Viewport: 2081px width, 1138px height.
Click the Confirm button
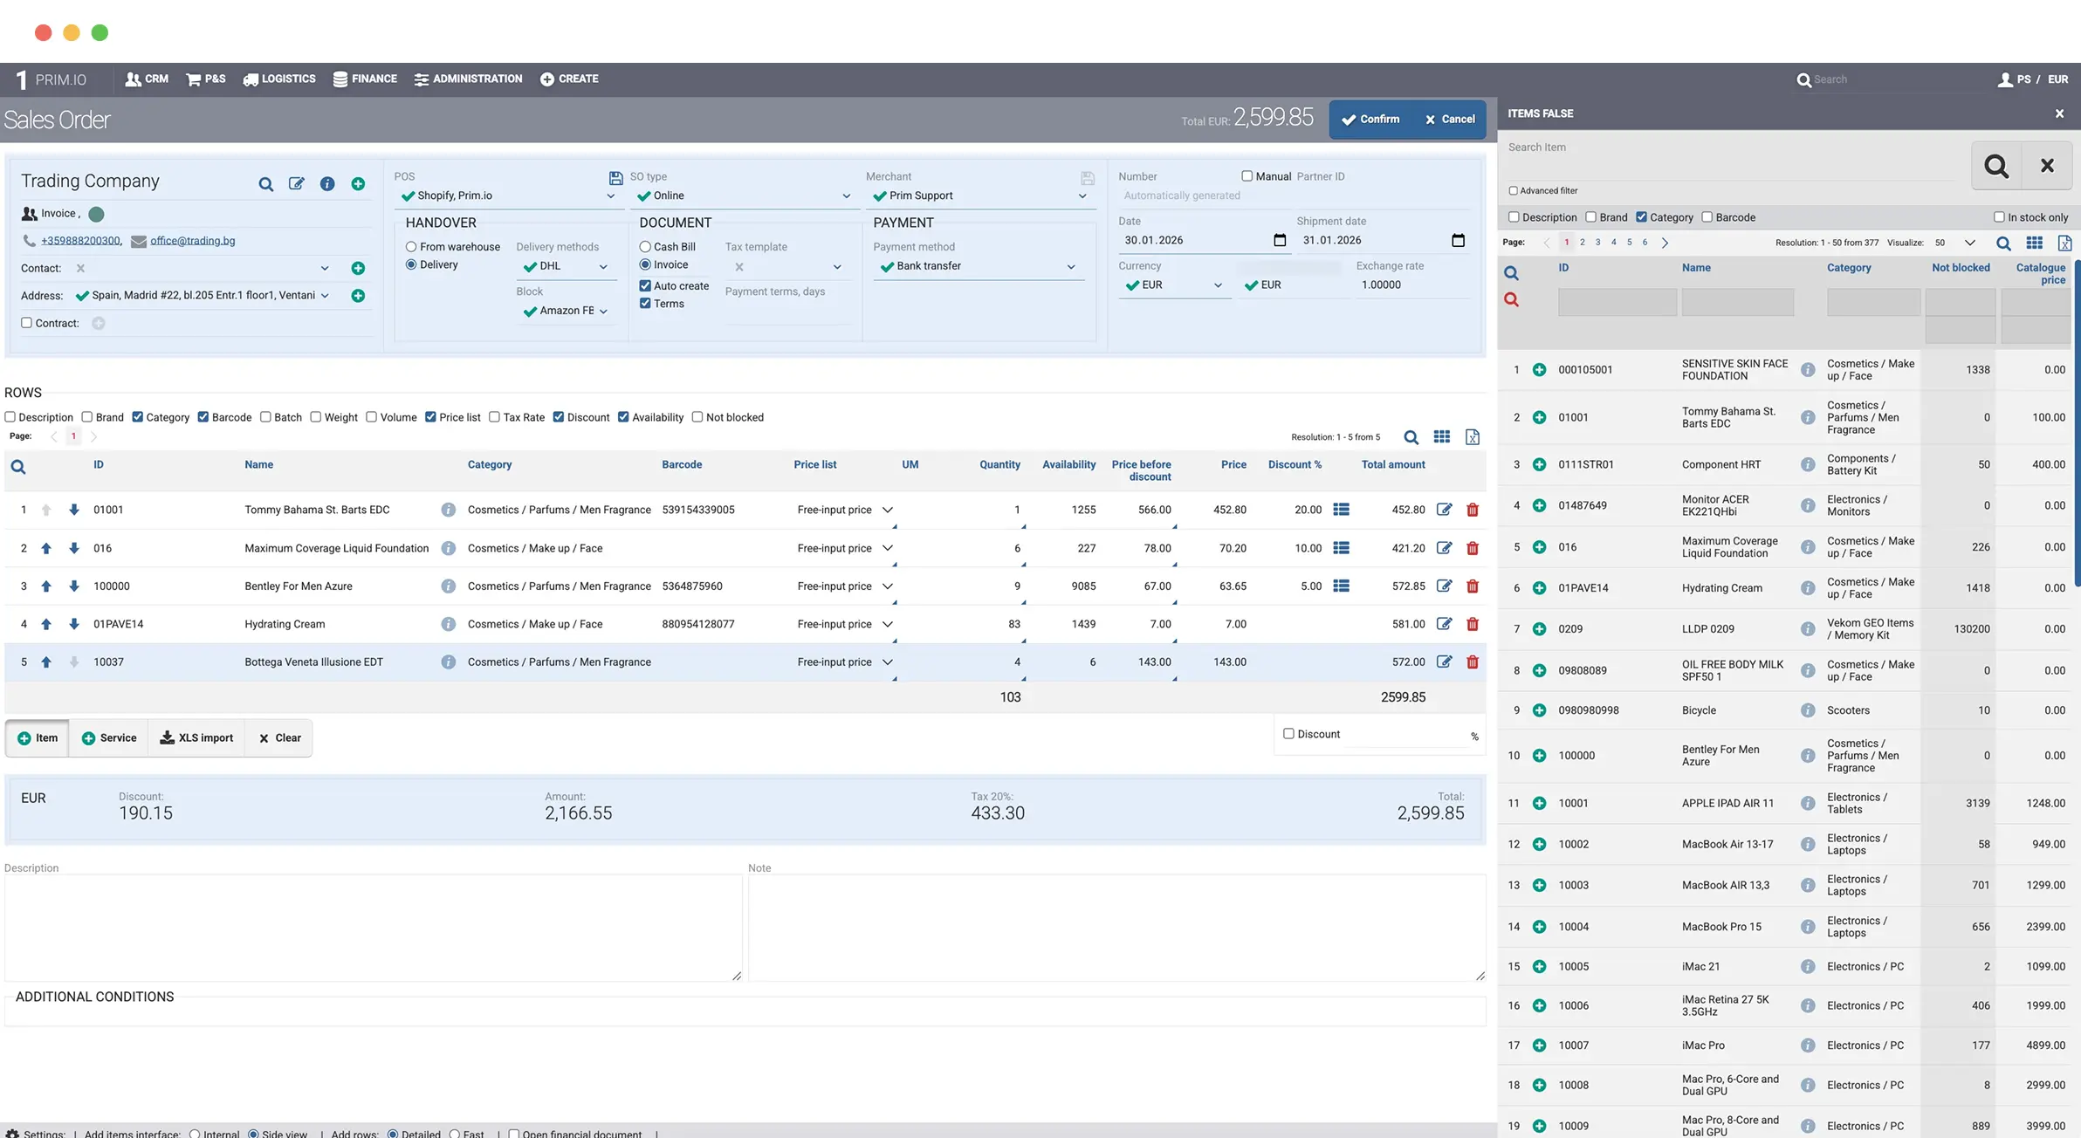[x=1370, y=120]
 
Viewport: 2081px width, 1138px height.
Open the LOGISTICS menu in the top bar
[x=279, y=79]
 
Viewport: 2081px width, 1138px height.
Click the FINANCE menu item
[x=365, y=79]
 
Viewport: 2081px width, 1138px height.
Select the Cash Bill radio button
[x=645, y=247]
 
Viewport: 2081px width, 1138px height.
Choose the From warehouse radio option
[x=411, y=247]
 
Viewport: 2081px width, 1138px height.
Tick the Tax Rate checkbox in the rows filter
[x=495, y=417]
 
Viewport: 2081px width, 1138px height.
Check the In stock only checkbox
[x=1999, y=217]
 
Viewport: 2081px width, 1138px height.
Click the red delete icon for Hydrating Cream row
[x=1473, y=624]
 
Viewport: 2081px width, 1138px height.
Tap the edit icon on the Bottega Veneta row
[x=1445, y=662]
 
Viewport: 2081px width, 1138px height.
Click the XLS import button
[x=196, y=738]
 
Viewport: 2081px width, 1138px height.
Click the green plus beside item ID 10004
[x=1539, y=927]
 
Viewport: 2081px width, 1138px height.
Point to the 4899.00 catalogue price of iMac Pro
[x=2045, y=1045]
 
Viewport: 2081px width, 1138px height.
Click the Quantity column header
[x=999, y=465]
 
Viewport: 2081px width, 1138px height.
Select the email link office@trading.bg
[x=192, y=241]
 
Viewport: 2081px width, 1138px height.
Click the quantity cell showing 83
[x=1014, y=624]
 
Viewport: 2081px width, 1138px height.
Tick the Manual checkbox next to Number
[x=1247, y=176]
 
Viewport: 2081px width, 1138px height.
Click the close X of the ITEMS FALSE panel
[x=2059, y=113]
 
